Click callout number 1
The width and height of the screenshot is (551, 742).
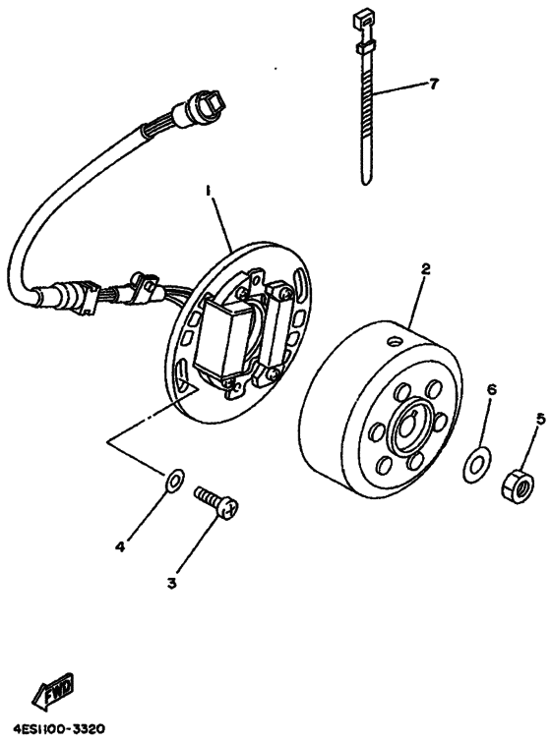pos(209,189)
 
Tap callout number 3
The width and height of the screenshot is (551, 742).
pos(171,583)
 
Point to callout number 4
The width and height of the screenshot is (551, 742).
pos(119,546)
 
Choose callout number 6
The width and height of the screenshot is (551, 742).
pos(491,389)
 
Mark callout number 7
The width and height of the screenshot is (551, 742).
pos(433,85)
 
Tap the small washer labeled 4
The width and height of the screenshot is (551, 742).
pos(173,480)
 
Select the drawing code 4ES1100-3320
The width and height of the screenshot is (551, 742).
pos(59,731)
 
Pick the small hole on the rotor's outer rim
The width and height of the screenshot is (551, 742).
pos(394,341)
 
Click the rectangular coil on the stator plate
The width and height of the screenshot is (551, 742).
pos(226,339)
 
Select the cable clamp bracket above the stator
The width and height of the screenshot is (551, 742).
pos(145,284)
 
